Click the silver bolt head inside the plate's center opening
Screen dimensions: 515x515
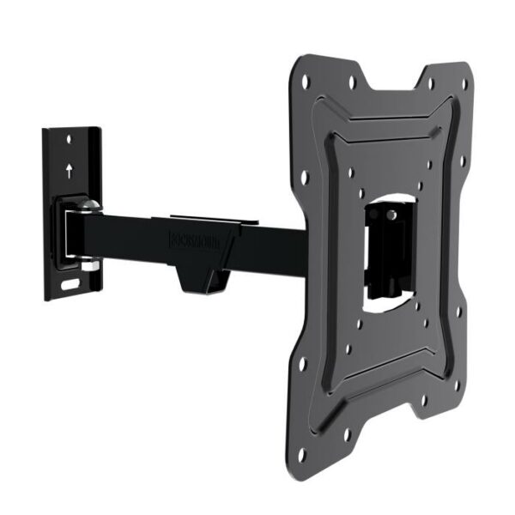pos(391,213)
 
